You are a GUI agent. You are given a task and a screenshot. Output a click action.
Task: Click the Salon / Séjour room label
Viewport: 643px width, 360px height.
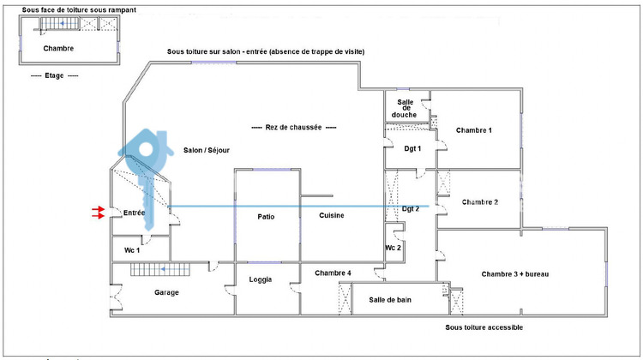(207, 150)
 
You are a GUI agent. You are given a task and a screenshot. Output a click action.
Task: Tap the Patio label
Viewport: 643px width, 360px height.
(266, 216)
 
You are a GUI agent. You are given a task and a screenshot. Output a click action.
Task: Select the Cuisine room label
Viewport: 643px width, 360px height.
(332, 215)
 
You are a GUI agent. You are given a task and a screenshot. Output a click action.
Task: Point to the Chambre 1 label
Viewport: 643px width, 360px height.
(474, 130)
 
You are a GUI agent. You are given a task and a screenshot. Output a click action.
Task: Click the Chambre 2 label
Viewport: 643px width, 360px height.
(479, 202)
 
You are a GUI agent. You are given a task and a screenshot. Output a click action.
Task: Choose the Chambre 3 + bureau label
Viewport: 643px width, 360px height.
(514, 273)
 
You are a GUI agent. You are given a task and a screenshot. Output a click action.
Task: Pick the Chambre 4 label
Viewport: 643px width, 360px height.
(333, 273)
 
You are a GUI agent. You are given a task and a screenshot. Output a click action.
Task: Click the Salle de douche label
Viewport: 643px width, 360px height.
(404, 108)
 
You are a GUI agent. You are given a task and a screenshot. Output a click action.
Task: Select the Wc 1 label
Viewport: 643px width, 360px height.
(132, 250)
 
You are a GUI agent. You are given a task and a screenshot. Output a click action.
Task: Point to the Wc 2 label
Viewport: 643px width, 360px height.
(394, 248)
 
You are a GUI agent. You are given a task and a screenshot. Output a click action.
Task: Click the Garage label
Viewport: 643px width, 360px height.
(142, 292)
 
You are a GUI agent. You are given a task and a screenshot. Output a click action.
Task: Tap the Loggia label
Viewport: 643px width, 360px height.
(261, 279)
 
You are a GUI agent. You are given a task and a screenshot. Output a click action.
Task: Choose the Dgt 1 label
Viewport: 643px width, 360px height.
(413, 148)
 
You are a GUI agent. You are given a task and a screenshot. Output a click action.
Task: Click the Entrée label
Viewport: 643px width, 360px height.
(135, 212)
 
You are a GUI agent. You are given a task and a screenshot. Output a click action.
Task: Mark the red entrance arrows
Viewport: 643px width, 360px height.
(99, 213)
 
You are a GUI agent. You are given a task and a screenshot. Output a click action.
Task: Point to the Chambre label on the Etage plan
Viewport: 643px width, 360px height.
(58, 48)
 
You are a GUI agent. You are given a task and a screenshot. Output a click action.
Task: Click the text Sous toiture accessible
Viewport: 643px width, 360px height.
(484, 327)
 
